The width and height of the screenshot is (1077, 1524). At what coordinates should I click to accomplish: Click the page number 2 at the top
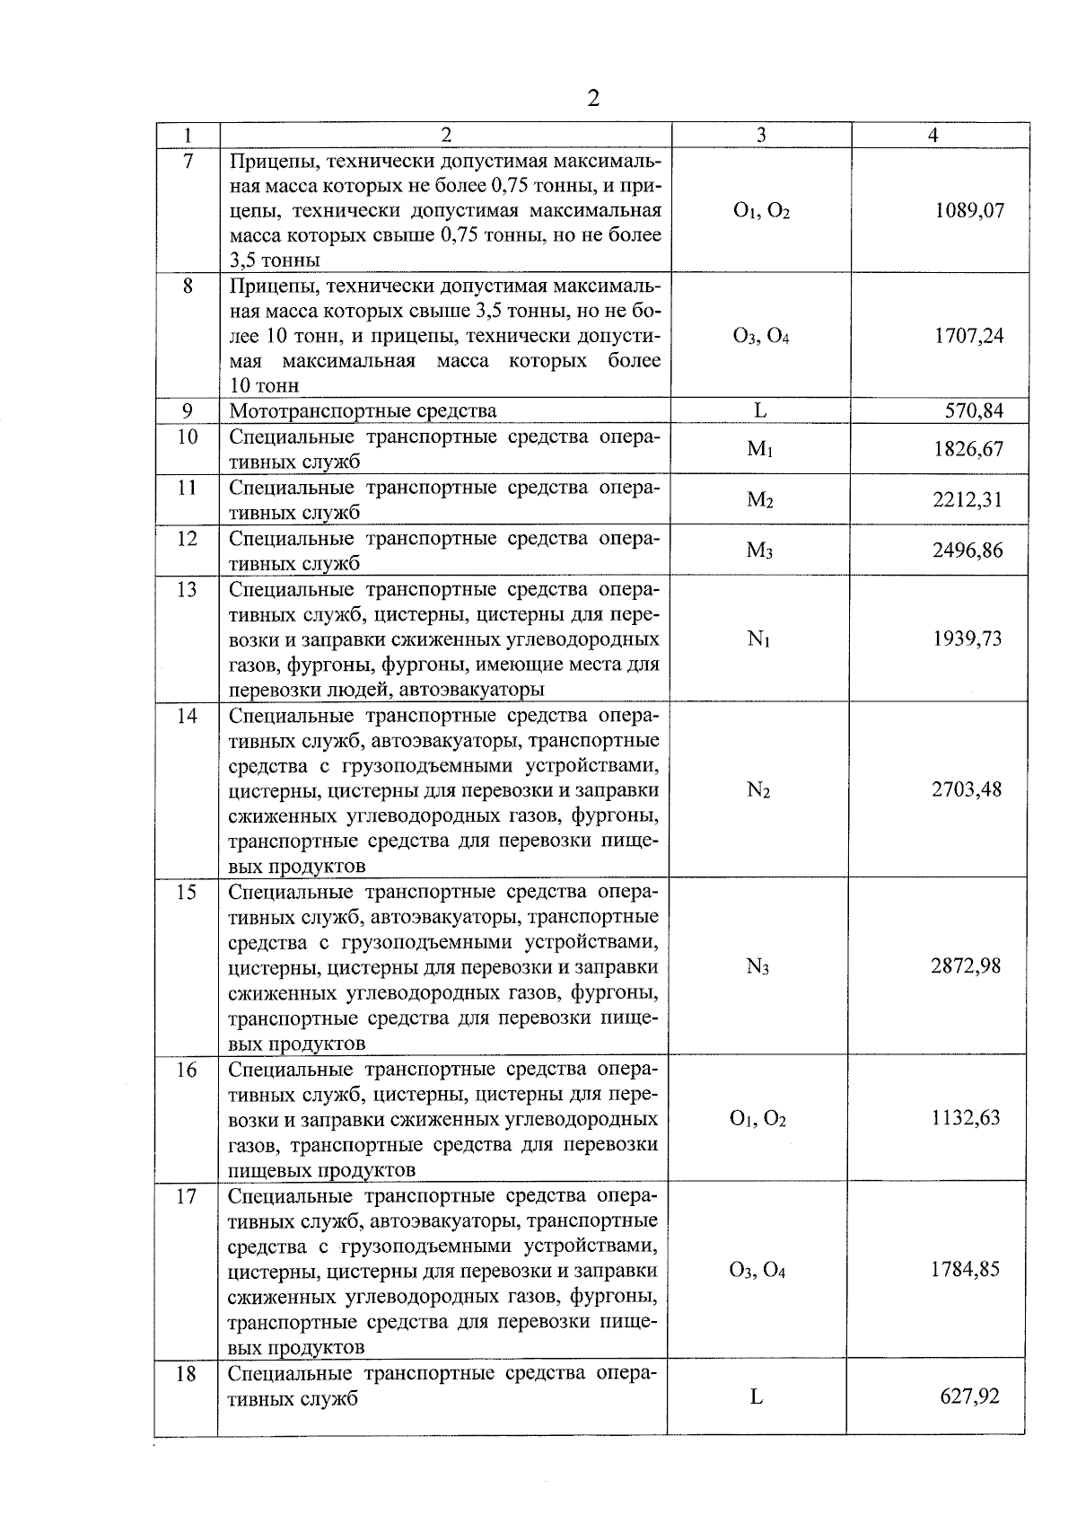coord(592,98)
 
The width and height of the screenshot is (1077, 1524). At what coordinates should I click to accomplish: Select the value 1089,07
coord(968,211)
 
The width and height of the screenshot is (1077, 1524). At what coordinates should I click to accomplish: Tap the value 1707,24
coord(968,336)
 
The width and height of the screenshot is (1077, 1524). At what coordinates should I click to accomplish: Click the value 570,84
coord(974,411)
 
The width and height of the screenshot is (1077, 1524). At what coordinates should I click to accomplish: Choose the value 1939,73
coord(968,639)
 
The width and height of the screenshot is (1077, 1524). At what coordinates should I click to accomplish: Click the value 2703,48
coord(967,789)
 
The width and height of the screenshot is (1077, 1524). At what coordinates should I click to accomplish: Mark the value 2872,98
coord(966,966)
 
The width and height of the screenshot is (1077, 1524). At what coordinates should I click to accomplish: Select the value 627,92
coord(969,1396)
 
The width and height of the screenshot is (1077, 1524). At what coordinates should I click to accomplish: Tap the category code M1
coord(760,449)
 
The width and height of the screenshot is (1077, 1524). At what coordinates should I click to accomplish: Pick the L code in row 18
coord(757,1396)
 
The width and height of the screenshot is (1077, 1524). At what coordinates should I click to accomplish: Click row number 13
coord(187,589)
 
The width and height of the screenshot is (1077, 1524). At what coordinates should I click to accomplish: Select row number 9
coord(187,411)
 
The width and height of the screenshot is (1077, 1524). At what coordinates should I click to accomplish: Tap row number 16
coord(186,1070)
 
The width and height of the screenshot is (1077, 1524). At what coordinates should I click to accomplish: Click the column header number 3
coord(761,135)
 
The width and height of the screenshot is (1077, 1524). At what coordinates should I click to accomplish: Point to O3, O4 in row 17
coord(757,1271)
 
